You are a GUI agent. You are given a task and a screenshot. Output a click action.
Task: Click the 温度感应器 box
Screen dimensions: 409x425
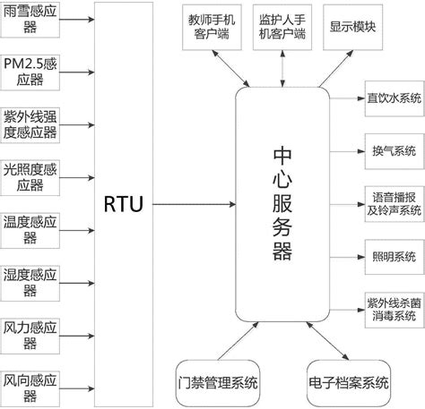pyautogui.click(x=31, y=228)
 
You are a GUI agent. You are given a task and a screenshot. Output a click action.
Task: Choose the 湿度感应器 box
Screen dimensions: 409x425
pyautogui.click(x=31, y=279)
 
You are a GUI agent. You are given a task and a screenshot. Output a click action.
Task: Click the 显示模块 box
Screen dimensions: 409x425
pyautogui.click(x=351, y=27)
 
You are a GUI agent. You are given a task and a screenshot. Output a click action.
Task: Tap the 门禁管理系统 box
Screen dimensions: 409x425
pyautogui.click(x=218, y=382)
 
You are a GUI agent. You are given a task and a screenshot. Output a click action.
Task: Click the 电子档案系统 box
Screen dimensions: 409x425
pyautogui.click(x=347, y=382)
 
